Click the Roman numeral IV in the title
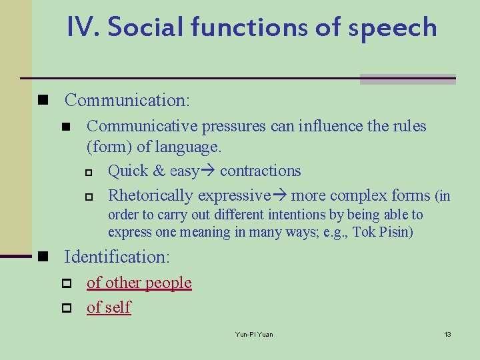point(83,27)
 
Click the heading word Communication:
point(127,101)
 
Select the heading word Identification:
point(117,257)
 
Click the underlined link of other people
point(139,283)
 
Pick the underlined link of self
point(109,307)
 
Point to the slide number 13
point(447,334)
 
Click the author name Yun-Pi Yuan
point(254,334)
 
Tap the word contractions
point(260,171)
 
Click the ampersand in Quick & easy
point(159,171)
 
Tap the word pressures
point(233,126)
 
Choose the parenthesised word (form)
point(109,146)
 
